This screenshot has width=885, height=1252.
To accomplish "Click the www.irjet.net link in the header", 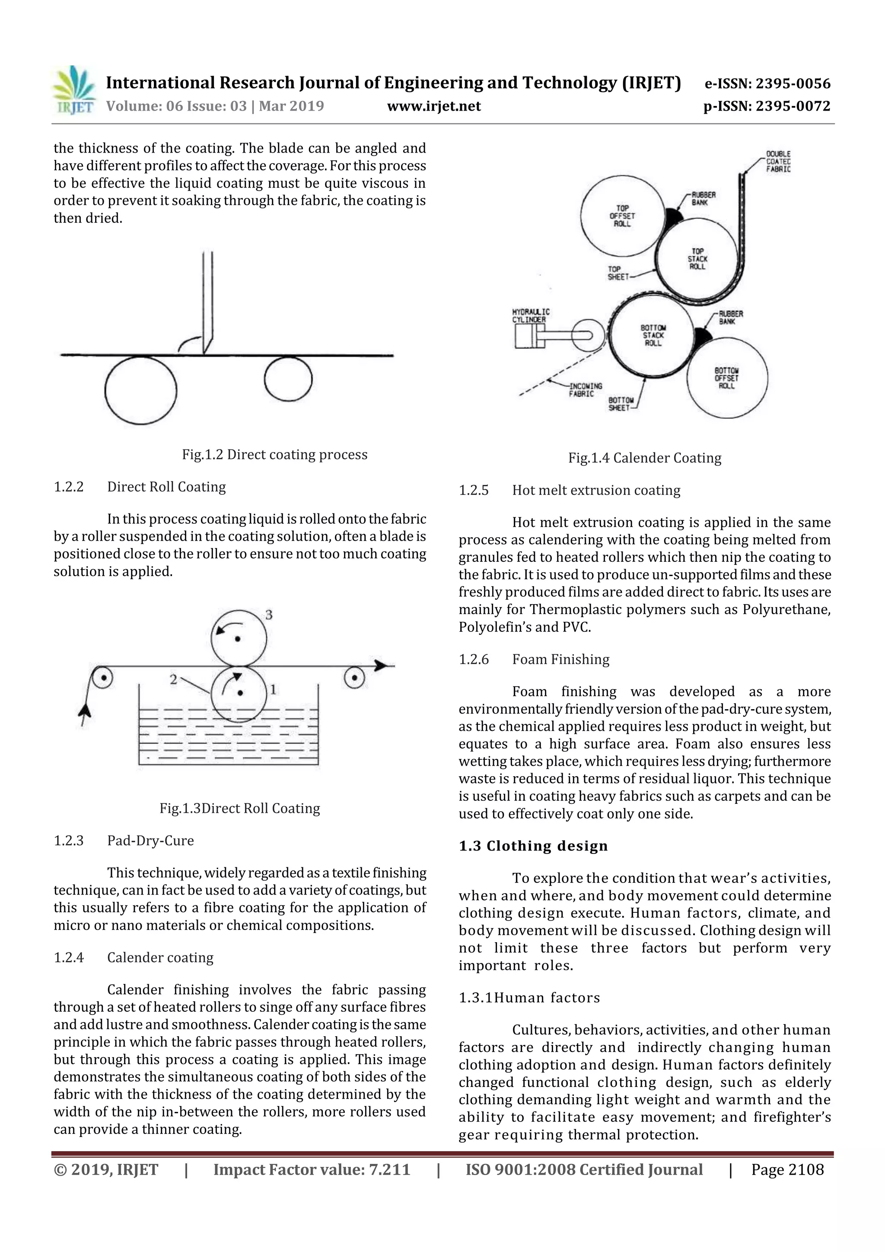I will point(433,106).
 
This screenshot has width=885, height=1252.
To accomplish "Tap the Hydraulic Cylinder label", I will point(531,315).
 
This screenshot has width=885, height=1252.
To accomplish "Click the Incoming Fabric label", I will point(585,389).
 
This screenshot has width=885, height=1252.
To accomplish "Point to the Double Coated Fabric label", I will point(778,161).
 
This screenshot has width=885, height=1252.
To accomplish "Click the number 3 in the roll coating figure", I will point(269,615).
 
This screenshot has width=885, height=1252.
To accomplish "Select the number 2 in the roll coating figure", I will point(173,679).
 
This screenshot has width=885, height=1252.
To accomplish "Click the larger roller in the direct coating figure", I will point(141,390).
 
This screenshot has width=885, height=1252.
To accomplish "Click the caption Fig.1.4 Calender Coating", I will point(645,458).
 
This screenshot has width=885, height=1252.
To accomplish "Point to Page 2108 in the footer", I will point(787,1169).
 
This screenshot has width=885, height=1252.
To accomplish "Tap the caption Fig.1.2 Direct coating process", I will point(274,455).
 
